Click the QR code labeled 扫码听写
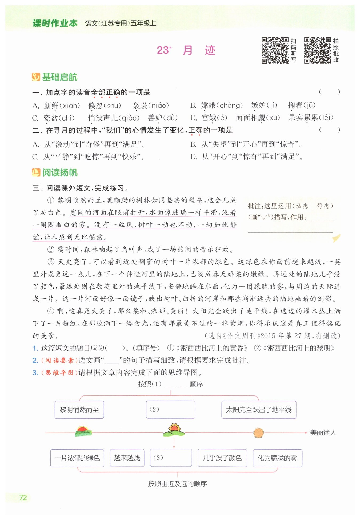pyautogui.click(x=275, y=50)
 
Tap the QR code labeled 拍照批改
pyautogui.click(x=318, y=50)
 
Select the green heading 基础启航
pyautogui.click(x=59, y=77)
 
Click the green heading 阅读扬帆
pyautogui.click(x=60, y=173)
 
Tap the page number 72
pyautogui.click(x=23, y=498)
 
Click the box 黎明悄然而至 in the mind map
pyautogui.click(x=79, y=410)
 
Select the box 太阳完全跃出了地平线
pyautogui.click(x=259, y=410)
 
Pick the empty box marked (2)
pyautogui.click(x=171, y=410)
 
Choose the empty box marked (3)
pyautogui.click(x=171, y=458)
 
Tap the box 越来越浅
pyautogui.click(x=127, y=458)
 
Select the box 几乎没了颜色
pyautogui.click(x=222, y=458)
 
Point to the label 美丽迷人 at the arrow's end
pyautogui.click(x=323, y=433)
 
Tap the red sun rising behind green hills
pyautogui.click(x=83, y=431)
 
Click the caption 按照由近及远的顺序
pyautogui.click(x=177, y=484)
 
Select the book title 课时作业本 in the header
pyautogui.click(x=55, y=23)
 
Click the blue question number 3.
pyautogui.click(x=35, y=373)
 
